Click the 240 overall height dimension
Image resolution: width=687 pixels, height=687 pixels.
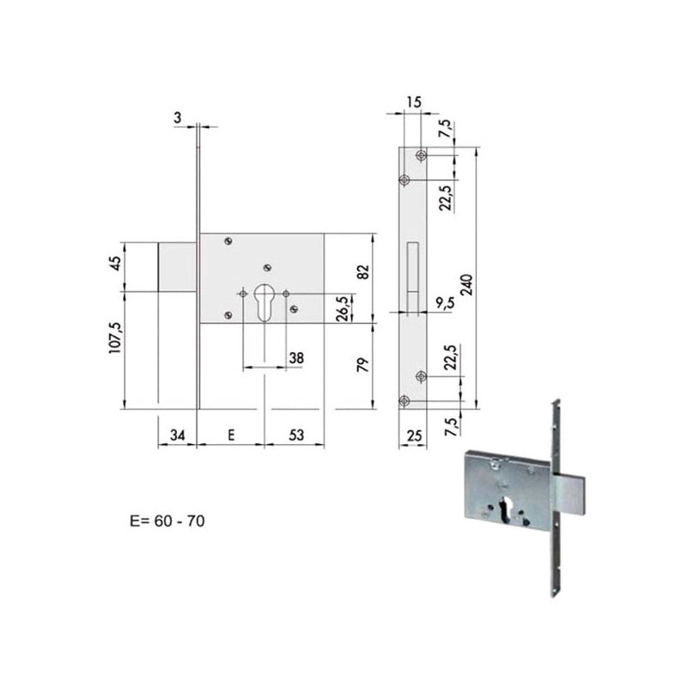(x=467, y=285)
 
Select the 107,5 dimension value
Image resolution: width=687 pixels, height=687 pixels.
(x=116, y=337)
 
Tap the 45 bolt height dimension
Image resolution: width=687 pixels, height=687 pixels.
(x=116, y=263)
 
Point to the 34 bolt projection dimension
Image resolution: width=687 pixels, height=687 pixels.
(x=177, y=435)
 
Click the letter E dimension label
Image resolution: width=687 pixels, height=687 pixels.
(x=231, y=435)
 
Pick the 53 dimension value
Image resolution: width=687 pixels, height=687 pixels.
(x=296, y=435)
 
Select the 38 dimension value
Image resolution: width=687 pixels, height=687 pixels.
(x=296, y=358)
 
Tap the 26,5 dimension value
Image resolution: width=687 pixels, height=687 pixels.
(x=343, y=308)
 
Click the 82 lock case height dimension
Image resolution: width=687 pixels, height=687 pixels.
(x=363, y=271)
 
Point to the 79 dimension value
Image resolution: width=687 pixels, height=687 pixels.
(x=363, y=365)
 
